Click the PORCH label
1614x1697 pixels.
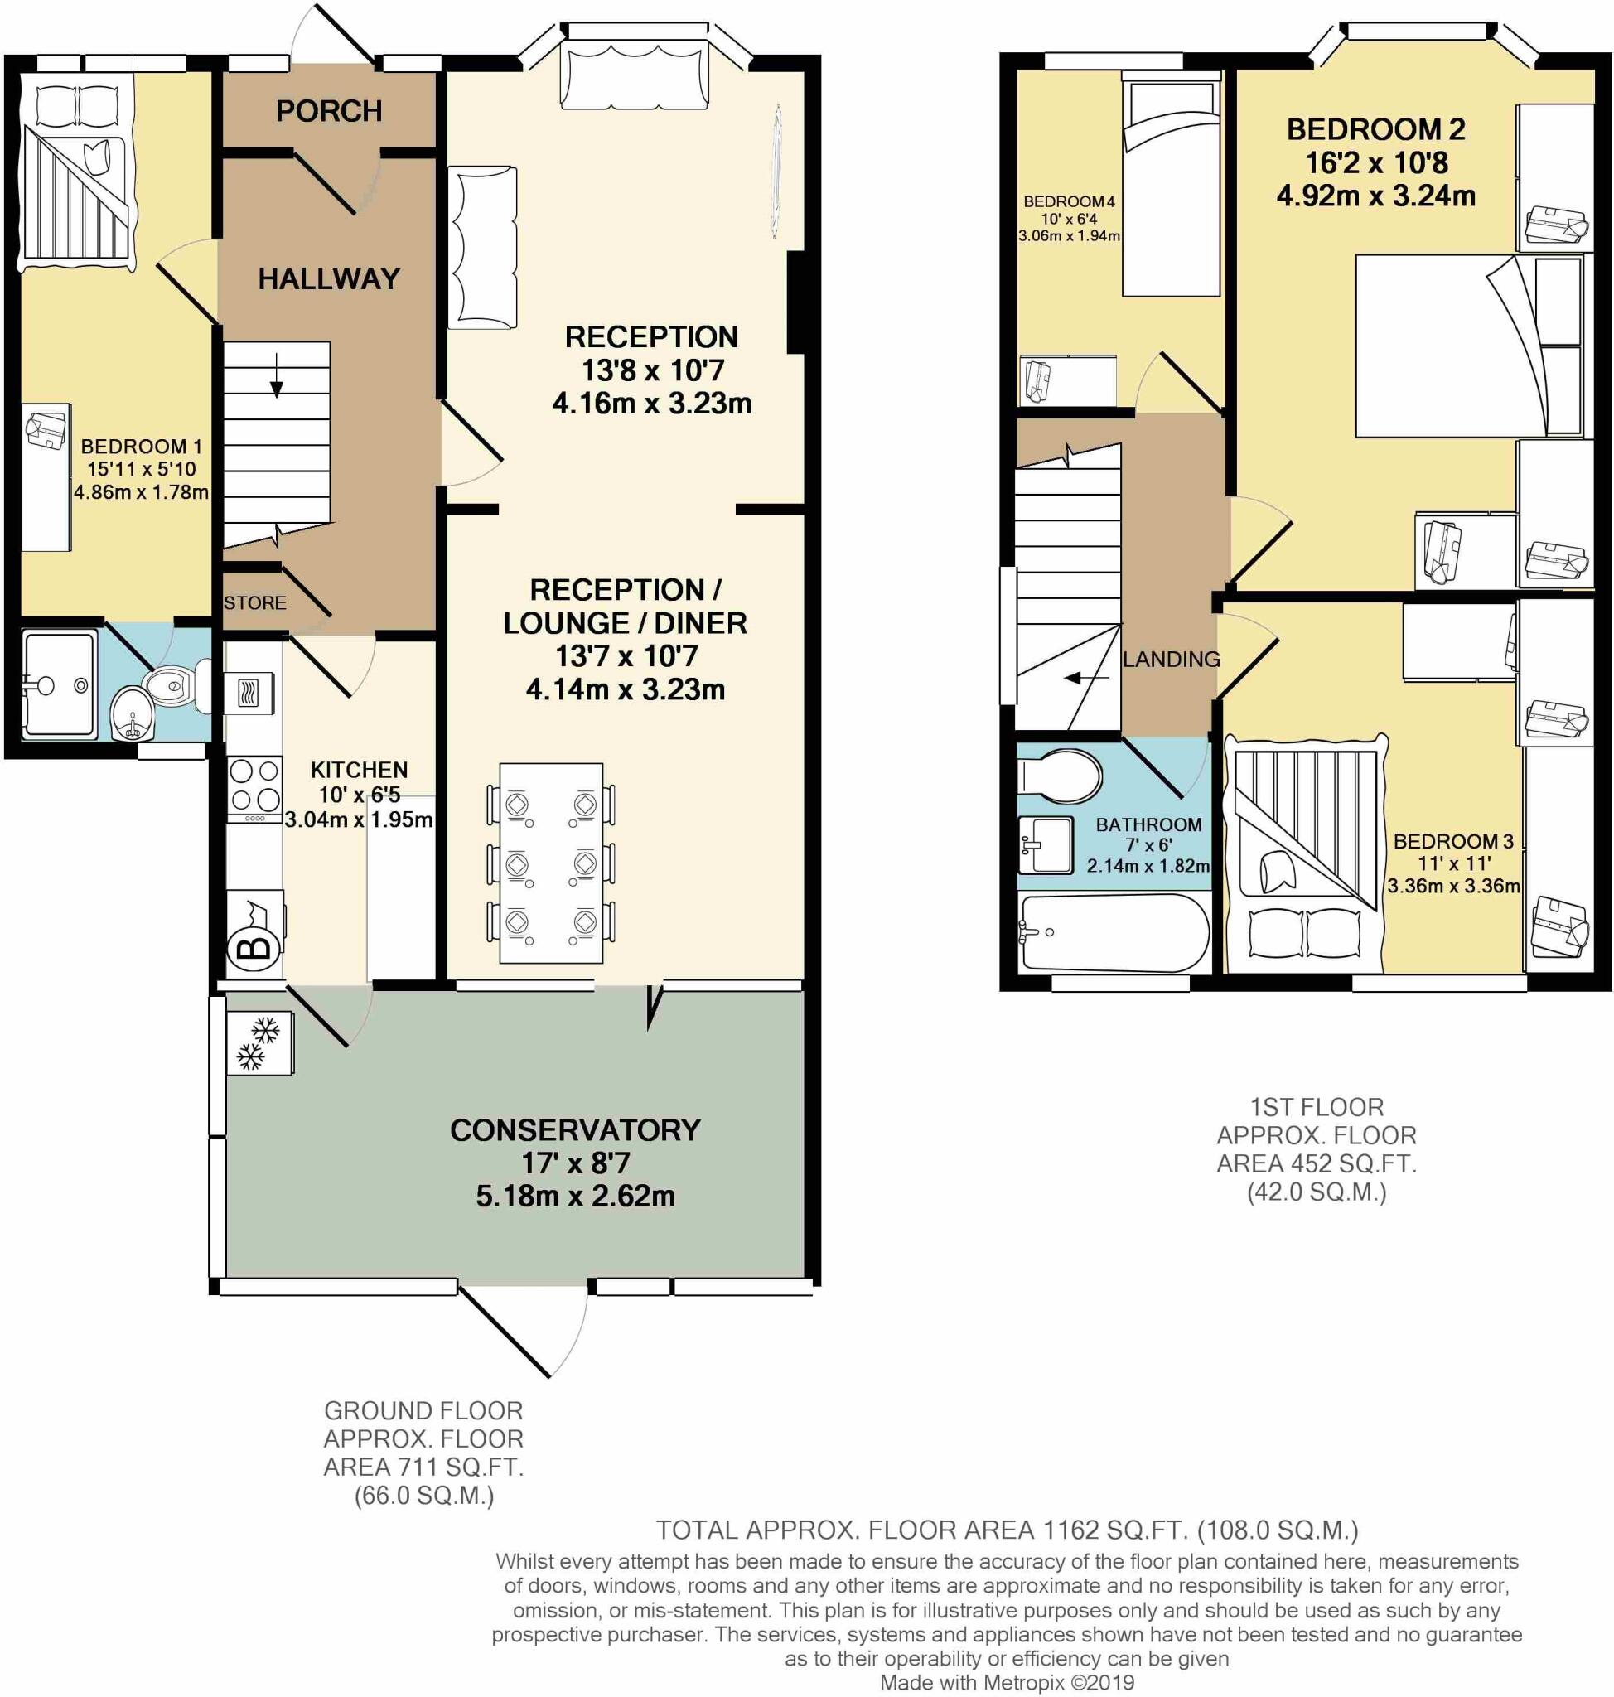point(329,111)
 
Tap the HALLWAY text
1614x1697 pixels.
point(329,278)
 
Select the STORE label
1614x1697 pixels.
point(254,603)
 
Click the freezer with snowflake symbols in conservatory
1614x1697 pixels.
point(259,1043)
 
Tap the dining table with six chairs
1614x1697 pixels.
point(551,863)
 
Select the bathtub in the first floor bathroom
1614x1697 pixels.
point(1114,933)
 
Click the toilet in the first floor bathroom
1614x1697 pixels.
point(1060,776)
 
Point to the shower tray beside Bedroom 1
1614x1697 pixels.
point(59,685)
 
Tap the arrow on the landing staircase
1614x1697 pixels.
point(1085,678)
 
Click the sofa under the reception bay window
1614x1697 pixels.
point(635,77)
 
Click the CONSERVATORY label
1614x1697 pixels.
point(575,1130)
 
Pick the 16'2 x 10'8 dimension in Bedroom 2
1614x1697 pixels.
point(1375,162)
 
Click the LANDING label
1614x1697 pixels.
point(1171,660)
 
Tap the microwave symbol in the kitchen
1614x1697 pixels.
point(249,693)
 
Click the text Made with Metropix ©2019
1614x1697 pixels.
point(1007,1682)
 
